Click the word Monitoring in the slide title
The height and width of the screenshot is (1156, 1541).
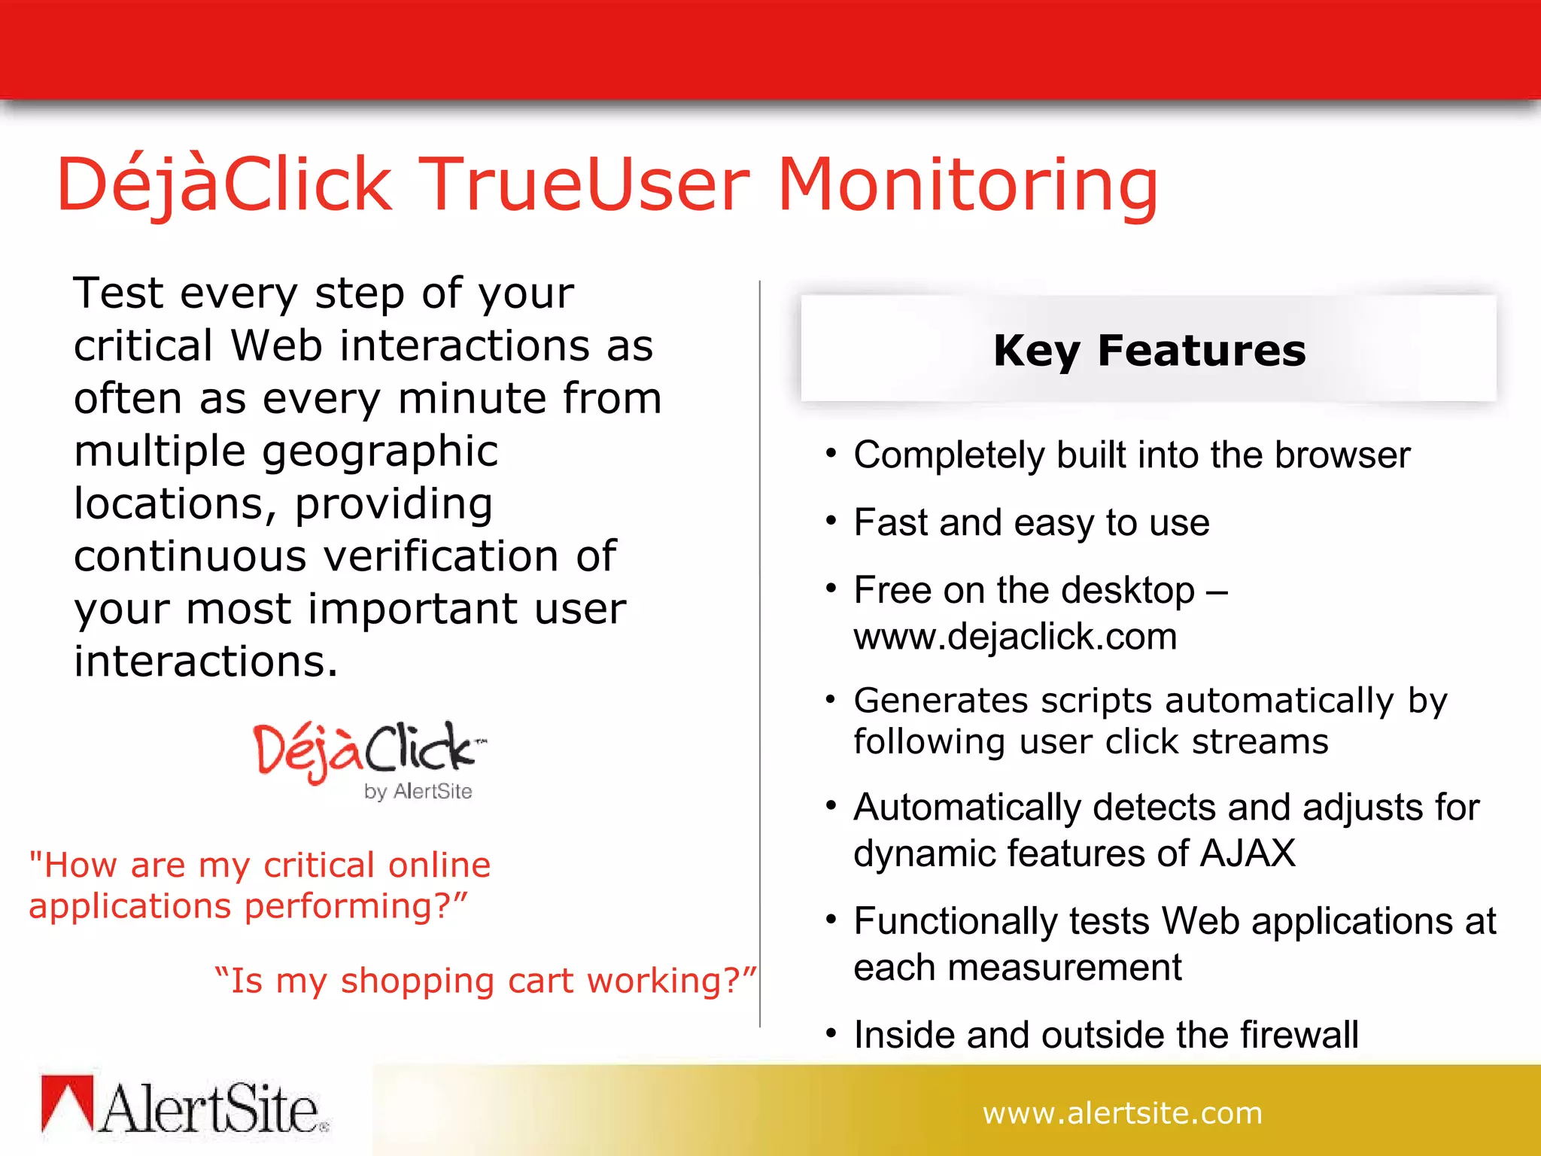(x=968, y=185)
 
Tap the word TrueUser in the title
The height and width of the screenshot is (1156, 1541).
(x=584, y=185)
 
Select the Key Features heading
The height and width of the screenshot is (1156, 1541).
(x=1149, y=351)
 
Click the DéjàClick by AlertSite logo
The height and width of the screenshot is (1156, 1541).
(x=369, y=759)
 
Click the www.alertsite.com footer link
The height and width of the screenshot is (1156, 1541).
(x=1122, y=1113)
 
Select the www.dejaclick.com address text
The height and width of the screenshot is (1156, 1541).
(x=1015, y=637)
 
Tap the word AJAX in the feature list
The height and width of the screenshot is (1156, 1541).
(x=1248, y=853)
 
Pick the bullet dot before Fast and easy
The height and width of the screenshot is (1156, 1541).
(x=831, y=521)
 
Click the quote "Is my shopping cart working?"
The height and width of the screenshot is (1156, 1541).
(x=485, y=981)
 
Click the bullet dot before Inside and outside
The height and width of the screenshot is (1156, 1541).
(x=831, y=1033)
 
